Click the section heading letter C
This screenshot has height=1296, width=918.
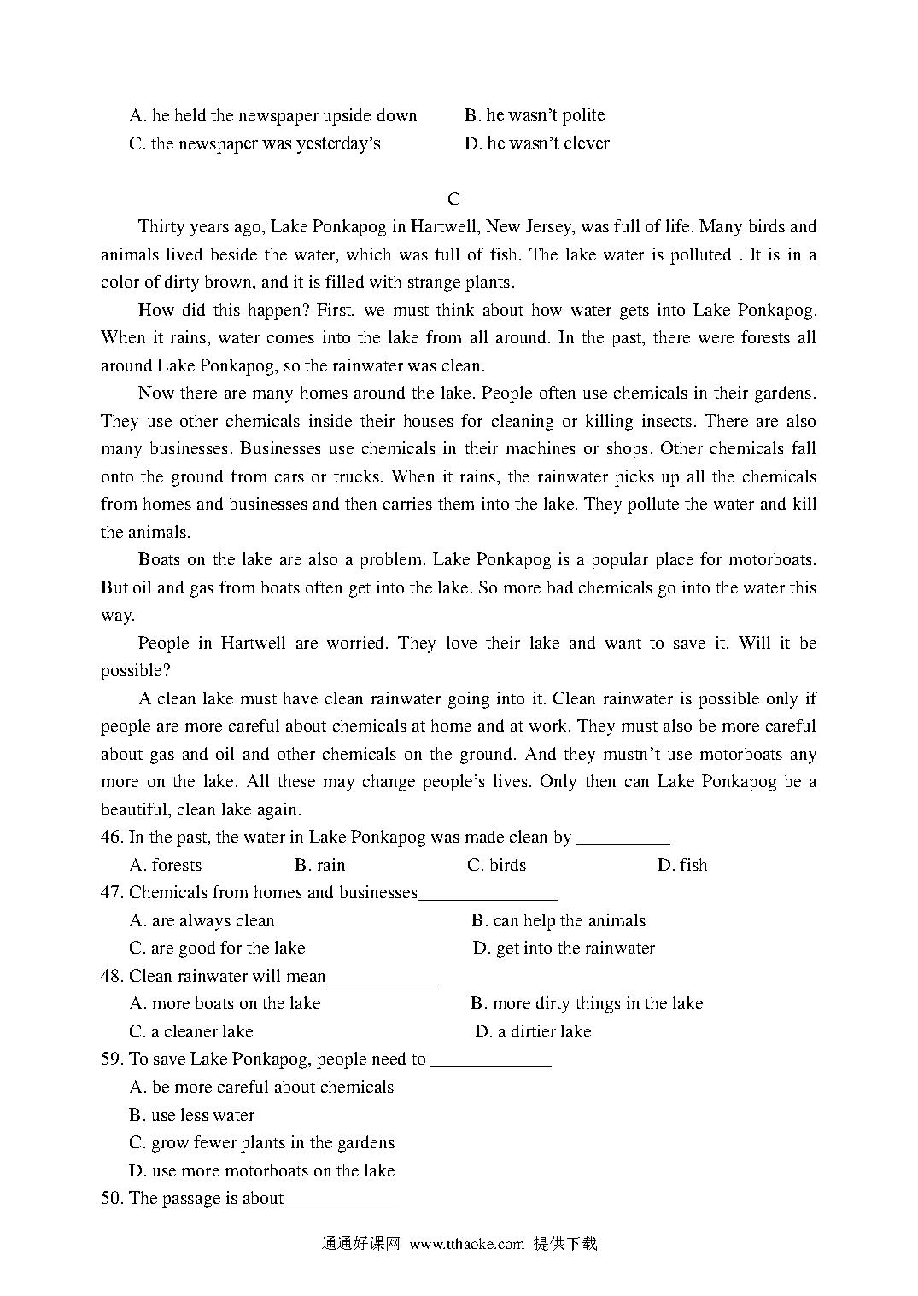point(453,199)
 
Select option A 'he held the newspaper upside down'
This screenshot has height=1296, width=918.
point(273,115)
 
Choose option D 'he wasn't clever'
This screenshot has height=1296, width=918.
point(536,143)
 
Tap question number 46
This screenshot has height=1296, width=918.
point(111,837)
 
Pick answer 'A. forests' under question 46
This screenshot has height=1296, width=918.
point(166,865)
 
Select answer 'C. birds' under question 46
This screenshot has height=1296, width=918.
point(496,865)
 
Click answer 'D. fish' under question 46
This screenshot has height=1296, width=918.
point(681,865)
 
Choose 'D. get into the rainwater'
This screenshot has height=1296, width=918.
point(564,948)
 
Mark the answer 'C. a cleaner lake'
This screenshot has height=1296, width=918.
point(191,1031)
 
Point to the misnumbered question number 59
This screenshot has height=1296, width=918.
point(111,1059)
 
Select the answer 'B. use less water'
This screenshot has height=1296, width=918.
point(192,1115)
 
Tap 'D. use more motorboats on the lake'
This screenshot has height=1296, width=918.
point(262,1170)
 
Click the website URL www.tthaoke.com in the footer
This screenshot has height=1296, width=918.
point(466,1244)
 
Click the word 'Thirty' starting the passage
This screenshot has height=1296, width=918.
point(161,226)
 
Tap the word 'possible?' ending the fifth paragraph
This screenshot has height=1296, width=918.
point(131,670)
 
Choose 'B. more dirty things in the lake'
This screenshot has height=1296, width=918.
point(587,1003)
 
